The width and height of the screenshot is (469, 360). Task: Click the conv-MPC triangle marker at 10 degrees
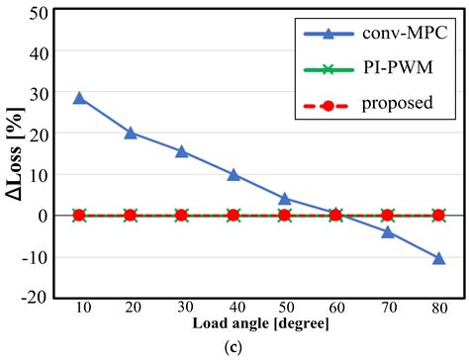tap(79, 99)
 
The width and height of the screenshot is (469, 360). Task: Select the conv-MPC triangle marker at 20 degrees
tap(131, 133)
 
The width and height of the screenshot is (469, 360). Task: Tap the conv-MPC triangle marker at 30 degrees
tap(182, 151)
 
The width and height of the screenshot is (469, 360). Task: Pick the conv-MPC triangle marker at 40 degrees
tap(234, 174)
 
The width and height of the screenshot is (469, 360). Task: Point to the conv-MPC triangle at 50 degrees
tap(285, 199)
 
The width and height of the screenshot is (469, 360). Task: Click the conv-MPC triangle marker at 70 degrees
tap(388, 232)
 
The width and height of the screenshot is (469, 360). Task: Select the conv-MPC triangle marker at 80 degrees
tap(439, 258)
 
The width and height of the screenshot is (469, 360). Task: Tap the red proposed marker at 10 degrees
tap(79, 215)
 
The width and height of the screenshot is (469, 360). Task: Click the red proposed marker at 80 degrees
tap(439, 215)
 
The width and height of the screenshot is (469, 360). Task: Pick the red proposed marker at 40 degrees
tap(234, 215)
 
